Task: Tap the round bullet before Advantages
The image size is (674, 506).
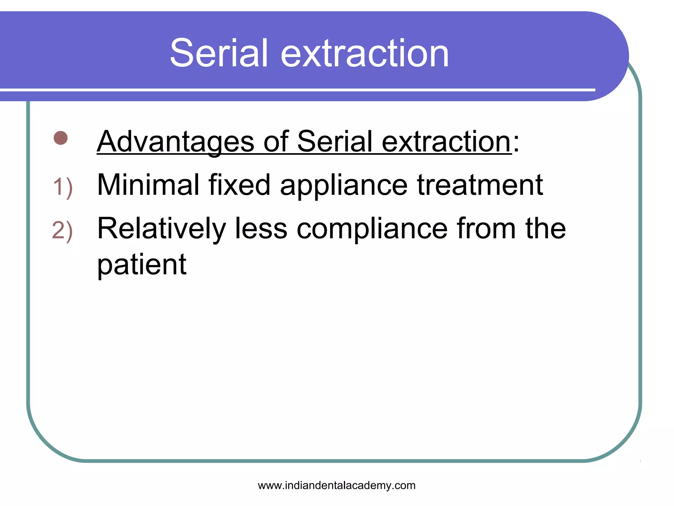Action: pyautogui.click(x=61, y=138)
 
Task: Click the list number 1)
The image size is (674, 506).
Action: pyautogui.click(x=63, y=187)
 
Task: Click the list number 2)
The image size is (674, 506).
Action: pyautogui.click(x=63, y=231)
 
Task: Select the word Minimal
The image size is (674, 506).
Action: pyautogui.click(x=148, y=185)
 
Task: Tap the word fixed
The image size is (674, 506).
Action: pyautogui.click(x=239, y=185)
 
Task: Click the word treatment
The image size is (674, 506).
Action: pyautogui.click(x=480, y=185)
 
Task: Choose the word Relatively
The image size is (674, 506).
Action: pyautogui.click(x=162, y=229)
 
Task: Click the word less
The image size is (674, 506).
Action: pyautogui.click(x=261, y=229)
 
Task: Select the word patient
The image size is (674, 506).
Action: pyautogui.click(x=142, y=266)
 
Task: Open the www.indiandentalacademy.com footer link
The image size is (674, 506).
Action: pyautogui.click(x=337, y=485)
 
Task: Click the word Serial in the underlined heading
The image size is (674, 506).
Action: pyautogui.click(x=334, y=142)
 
